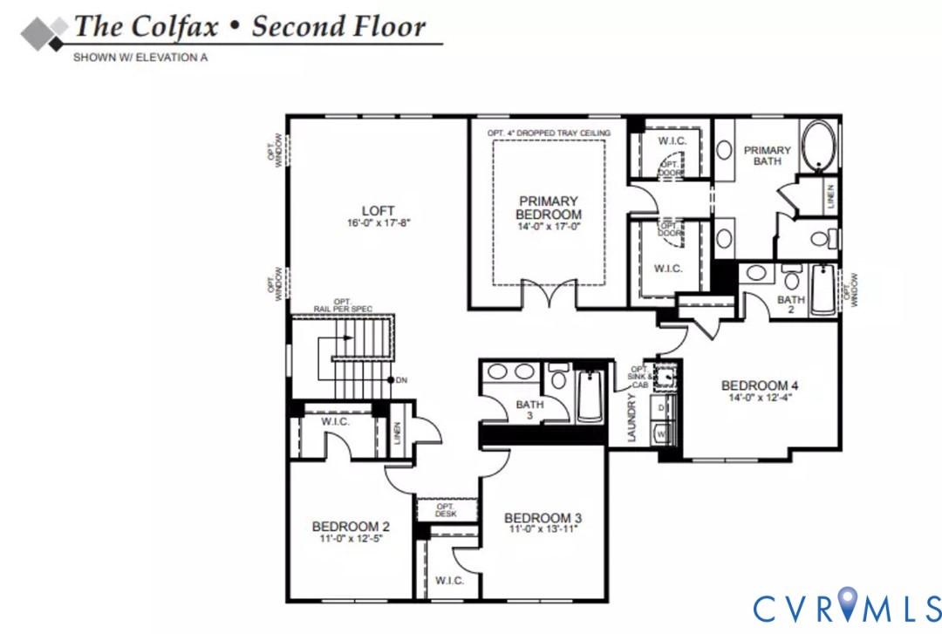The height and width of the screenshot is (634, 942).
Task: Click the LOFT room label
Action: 379,210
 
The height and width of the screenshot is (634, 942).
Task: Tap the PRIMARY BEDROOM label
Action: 548,208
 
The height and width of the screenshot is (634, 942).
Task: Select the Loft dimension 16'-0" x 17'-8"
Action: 378,223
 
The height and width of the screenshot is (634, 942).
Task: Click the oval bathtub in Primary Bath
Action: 818,145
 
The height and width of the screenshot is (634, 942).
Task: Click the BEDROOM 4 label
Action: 760,385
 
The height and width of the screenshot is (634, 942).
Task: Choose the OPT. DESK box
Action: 446,510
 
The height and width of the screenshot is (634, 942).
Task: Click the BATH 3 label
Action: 529,410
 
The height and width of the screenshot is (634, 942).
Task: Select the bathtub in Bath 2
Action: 823,290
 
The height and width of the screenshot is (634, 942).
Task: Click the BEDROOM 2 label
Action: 351,526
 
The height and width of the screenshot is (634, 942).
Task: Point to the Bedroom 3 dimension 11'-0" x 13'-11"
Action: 542,528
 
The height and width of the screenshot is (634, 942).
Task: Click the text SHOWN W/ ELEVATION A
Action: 140,58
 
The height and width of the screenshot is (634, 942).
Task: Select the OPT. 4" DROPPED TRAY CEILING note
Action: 549,133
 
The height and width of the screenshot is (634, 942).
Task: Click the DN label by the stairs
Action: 401,380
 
